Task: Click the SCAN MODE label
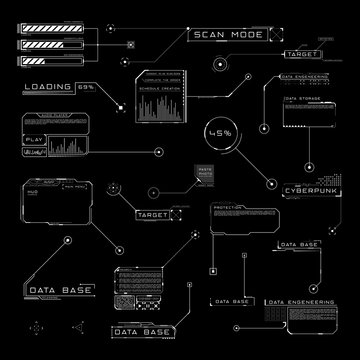coord(223,35)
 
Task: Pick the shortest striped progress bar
coord(38,60)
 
